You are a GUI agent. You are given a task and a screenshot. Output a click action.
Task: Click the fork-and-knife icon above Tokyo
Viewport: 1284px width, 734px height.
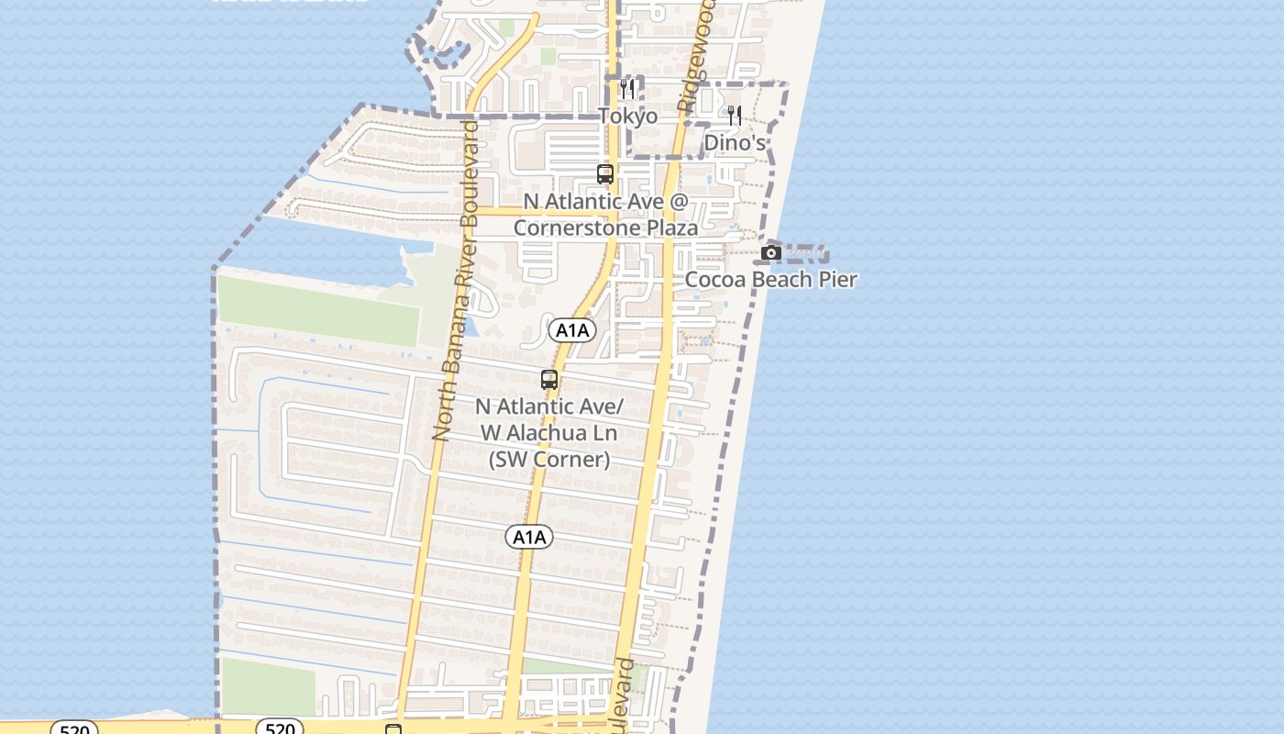[627, 89]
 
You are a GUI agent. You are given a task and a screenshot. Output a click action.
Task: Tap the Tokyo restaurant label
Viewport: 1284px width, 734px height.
[628, 117]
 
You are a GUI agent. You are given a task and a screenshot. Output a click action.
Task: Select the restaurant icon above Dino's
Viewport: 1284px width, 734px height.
[735, 116]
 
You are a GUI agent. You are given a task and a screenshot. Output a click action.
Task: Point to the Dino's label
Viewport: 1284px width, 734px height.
[735, 143]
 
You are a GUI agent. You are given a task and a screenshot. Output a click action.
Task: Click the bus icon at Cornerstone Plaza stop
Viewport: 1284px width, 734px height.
[605, 173]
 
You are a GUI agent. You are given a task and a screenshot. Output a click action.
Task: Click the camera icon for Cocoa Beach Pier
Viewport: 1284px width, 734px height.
[771, 252]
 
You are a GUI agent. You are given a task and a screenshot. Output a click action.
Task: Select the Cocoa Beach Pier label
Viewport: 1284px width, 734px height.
[770, 280]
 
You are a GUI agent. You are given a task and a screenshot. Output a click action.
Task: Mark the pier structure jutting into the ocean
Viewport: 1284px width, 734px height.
[807, 252]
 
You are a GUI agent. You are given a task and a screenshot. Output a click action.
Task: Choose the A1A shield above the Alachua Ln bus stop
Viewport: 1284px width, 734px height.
[572, 330]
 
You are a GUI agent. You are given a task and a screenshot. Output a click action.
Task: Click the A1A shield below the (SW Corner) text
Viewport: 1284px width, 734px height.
[529, 537]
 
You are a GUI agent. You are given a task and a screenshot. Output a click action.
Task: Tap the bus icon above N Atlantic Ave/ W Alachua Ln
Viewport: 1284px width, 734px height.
[549, 379]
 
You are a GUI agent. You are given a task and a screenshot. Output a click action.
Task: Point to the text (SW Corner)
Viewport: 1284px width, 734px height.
[549, 459]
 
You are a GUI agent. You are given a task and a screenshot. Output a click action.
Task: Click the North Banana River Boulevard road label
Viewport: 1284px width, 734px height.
[457, 280]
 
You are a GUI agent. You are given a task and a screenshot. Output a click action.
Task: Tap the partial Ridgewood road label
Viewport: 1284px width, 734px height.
[696, 55]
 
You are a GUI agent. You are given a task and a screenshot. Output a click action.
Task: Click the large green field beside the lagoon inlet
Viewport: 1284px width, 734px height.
[318, 311]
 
